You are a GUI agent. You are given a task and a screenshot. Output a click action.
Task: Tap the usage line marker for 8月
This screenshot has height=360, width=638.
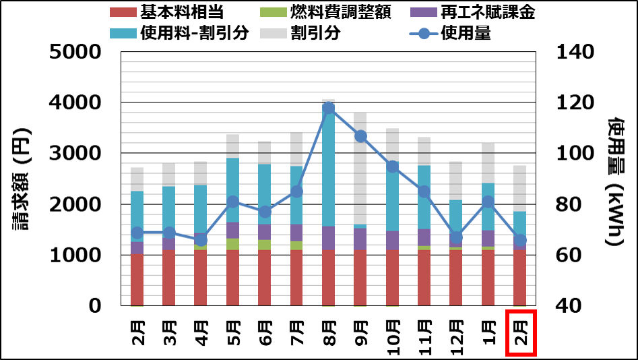click(x=329, y=109)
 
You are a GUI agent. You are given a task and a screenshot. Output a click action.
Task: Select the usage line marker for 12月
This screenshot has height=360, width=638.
click(x=456, y=237)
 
